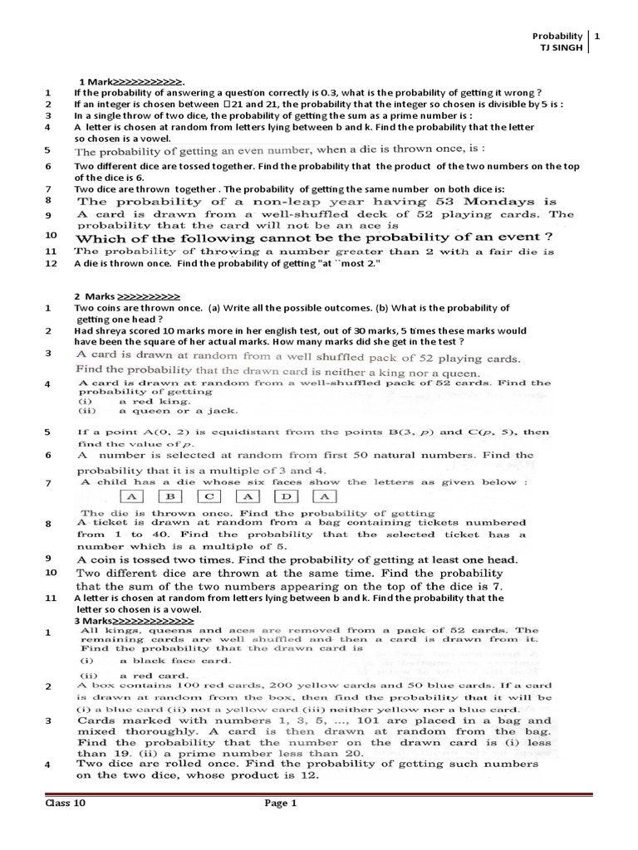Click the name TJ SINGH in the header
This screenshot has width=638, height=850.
pyautogui.click(x=562, y=48)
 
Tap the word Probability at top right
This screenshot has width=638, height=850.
pyautogui.click(x=557, y=37)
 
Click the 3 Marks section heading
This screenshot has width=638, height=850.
pyautogui.click(x=134, y=621)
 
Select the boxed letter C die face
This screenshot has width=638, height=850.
pyautogui.click(x=209, y=497)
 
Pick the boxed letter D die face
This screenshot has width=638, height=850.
pyautogui.click(x=285, y=497)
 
